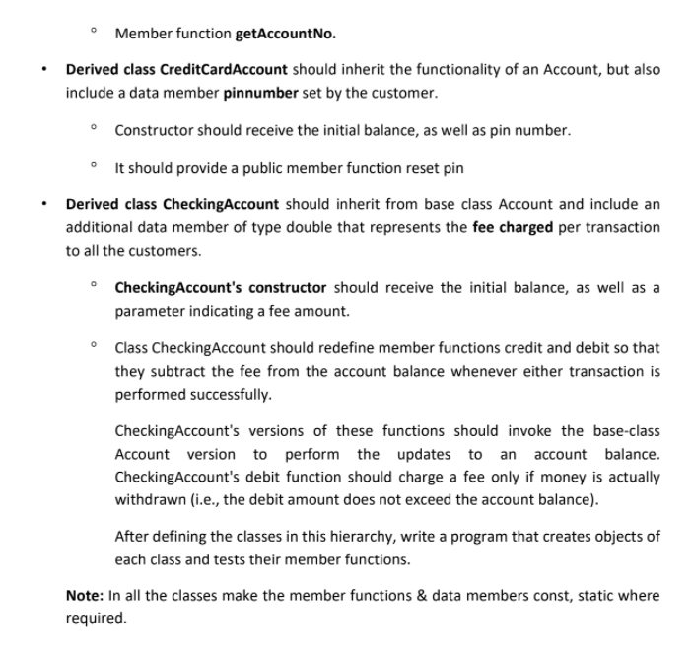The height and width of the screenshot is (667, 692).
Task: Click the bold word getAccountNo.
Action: (x=286, y=34)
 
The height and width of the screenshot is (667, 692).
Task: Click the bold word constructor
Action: (x=288, y=288)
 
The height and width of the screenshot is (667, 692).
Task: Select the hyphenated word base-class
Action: (x=626, y=431)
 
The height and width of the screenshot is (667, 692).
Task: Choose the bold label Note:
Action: (x=84, y=596)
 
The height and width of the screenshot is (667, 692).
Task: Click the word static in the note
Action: (x=586, y=596)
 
